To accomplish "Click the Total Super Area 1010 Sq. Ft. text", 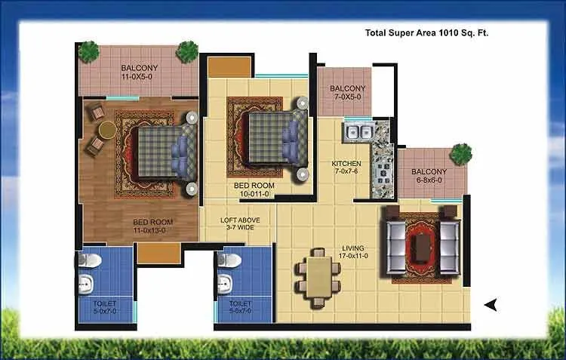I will pos(433,33).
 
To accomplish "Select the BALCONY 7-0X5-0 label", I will pos(348,93).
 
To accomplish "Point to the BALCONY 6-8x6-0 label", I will pos(429,176).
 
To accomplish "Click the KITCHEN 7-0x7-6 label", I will pos(346,168).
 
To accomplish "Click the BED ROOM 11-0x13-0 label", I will pos(152,226).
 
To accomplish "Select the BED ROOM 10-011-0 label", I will pos(253,189).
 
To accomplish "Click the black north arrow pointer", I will pos(491,305).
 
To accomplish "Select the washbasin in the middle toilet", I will pos(224,286).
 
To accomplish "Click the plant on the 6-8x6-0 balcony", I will pos(461,154).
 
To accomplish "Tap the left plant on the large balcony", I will pos(89,51).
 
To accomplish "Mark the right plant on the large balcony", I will pos(187,51).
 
